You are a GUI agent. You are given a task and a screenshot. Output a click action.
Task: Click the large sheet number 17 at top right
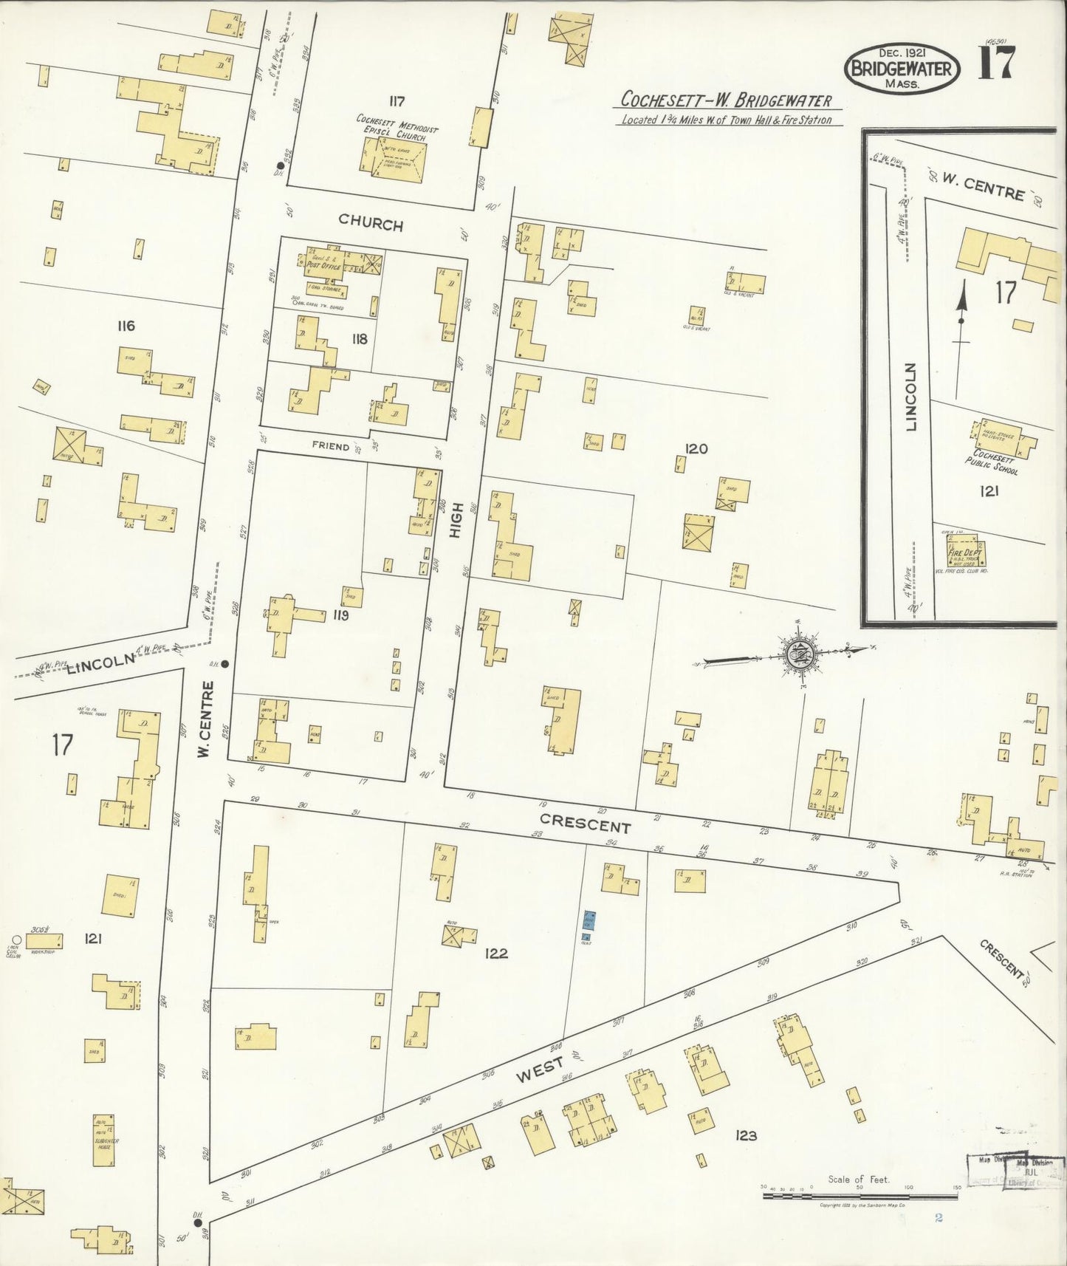pyautogui.click(x=996, y=62)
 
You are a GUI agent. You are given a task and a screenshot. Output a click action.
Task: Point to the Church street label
pyautogui.click(x=371, y=223)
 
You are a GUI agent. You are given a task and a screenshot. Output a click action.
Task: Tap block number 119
pyautogui.click(x=340, y=615)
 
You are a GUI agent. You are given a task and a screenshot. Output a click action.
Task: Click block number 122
pyautogui.click(x=495, y=954)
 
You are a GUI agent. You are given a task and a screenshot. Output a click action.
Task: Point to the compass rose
pyautogui.click(x=798, y=653)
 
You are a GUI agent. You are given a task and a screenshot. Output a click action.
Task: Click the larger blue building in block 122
pyautogui.click(x=589, y=920)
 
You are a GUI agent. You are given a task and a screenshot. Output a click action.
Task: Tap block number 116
pyautogui.click(x=126, y=326)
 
